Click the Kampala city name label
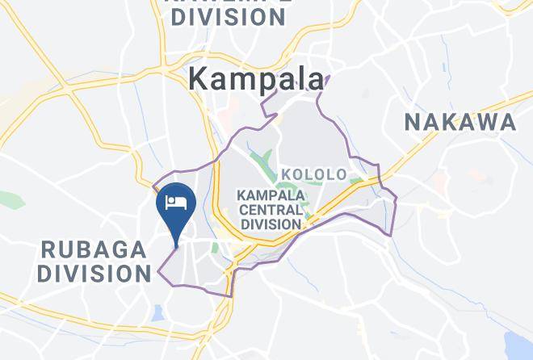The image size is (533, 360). tap(257, 78)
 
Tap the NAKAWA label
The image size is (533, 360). tap(460, 123)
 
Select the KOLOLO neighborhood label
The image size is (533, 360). tap(313, 174)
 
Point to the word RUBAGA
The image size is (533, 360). tap(94, 248)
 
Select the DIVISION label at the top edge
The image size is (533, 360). tap(229, 17)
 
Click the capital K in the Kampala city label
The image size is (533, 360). tap(198, 79)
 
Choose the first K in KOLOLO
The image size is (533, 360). tap(286, 174)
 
